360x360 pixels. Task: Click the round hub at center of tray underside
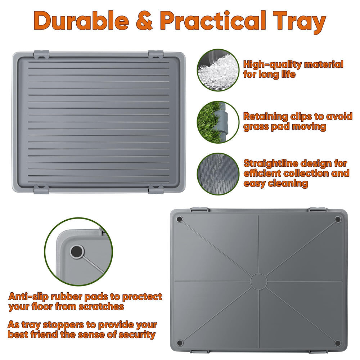coord(258,281)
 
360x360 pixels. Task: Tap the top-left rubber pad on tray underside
coord(180,219)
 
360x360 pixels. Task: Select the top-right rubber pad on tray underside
coord(337,219)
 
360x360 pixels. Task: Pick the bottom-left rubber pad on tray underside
coord(180,342)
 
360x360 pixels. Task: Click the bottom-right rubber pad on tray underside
coord(337,342)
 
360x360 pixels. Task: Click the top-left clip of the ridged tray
coord(41,54)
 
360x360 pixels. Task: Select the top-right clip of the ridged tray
coord(156,54)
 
